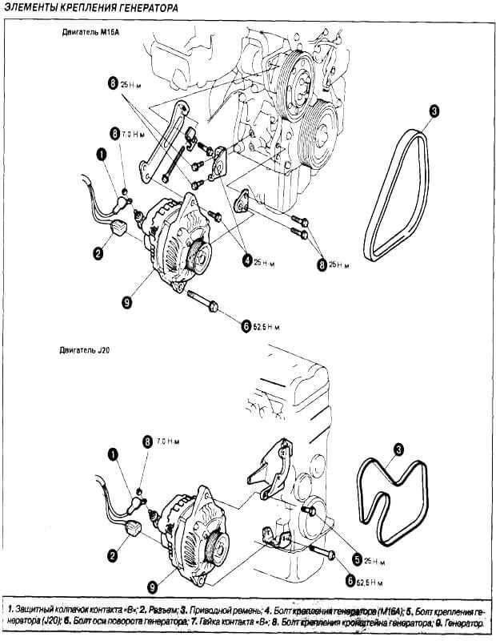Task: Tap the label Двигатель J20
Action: [85, 350]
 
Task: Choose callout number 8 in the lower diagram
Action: [147, 441]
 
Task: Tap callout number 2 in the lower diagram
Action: [113, 553]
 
